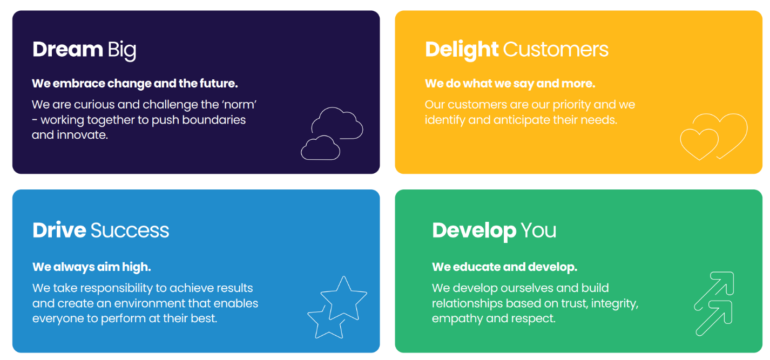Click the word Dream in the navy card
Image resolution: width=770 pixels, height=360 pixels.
[x=67, y=49]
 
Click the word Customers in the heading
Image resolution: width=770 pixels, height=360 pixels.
[x=556, y=49]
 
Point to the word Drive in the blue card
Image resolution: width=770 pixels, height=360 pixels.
[x=59, y=230]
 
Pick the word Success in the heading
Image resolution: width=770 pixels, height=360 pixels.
[x=130, y=230]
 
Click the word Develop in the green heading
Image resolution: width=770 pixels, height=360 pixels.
[x=474, y=231]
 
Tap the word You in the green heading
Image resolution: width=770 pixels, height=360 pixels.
[x=538, y=230]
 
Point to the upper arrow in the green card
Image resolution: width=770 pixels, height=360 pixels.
[x=713, y=290]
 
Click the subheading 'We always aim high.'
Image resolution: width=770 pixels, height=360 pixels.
[x=91, y=267]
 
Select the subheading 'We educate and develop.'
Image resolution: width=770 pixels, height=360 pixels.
[x=504, y=267]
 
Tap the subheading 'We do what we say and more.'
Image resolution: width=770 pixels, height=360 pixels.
[x=510, y=84]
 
